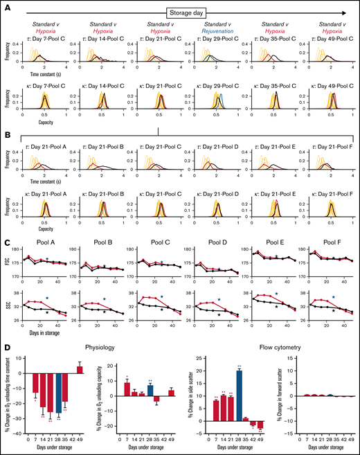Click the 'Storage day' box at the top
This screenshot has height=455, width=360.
click(188, 12)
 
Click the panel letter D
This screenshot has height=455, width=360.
click(6, 348)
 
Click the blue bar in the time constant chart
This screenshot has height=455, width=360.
click(59, 396)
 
